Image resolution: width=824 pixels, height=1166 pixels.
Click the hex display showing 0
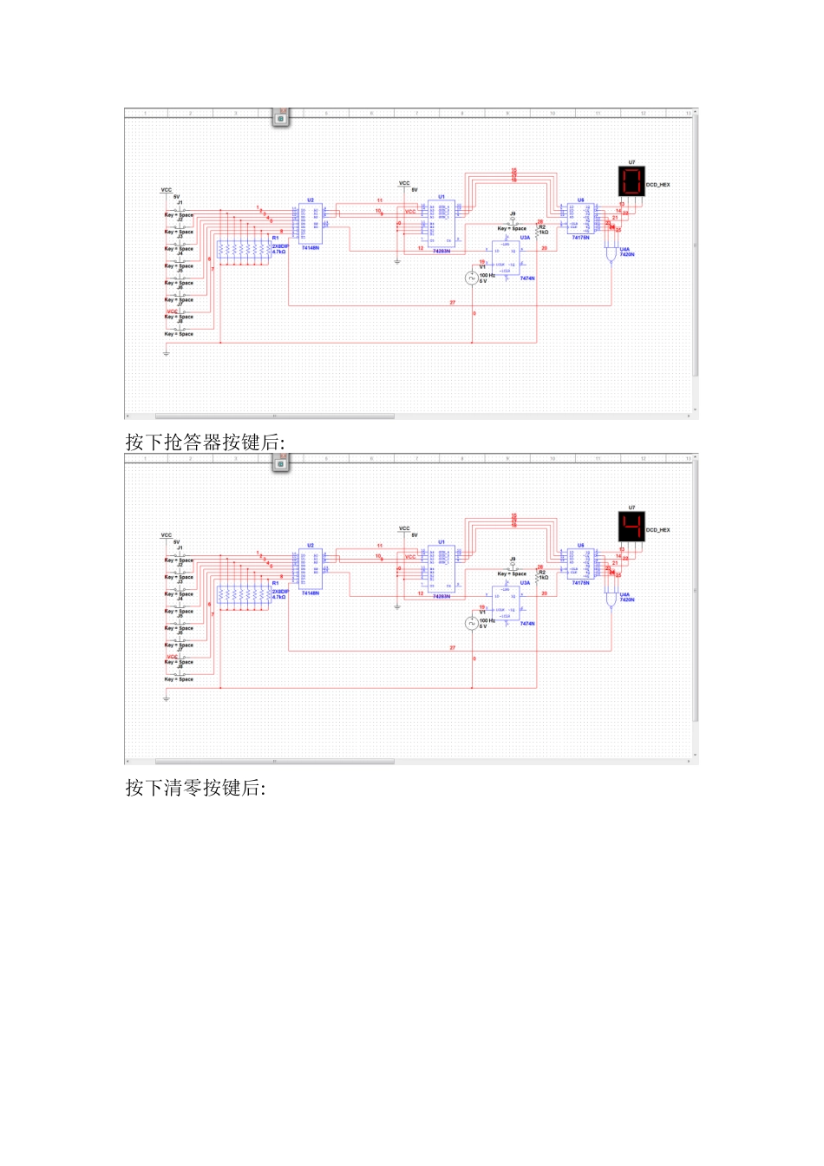point(631,181)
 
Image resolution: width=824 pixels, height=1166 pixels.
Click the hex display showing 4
point(631,527)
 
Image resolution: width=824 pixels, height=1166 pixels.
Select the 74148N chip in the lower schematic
point(311,569)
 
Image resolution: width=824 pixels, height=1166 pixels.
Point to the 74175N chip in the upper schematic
point(580,219)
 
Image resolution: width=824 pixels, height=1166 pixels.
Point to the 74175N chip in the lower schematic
point(580,564)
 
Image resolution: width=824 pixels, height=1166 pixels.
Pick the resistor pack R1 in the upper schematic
point(244,252)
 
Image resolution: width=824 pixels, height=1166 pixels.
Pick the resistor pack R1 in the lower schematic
point(244,597)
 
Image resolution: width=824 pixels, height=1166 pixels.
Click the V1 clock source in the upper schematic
point(472,278)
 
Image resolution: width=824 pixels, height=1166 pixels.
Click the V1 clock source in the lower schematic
point(472,623)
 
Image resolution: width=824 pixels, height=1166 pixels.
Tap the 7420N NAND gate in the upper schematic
point(611,257)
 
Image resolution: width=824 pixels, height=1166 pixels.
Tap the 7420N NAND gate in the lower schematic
point(611,601)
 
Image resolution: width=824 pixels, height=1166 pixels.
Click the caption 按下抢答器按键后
point(205,442)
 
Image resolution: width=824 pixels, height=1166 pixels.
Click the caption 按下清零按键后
point(195,788)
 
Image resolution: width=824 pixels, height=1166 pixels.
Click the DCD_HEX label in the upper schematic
point(658,185)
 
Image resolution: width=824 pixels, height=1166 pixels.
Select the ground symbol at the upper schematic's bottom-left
point(166,352)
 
